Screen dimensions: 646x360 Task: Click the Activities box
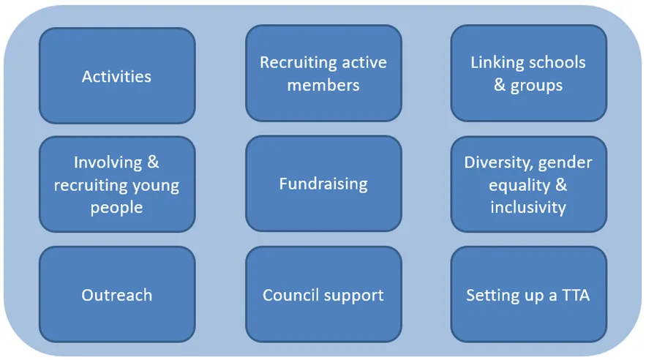click(117, 76)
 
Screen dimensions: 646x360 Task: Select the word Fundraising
click(323, 184)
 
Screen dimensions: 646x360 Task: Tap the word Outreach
click(116, 295)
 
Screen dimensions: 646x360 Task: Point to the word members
click(323, 86)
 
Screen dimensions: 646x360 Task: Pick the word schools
click(557, 63)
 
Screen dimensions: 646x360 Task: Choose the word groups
click(536, 86)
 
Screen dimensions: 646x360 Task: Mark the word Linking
click(497, 63)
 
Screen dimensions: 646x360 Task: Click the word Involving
click(108, 162)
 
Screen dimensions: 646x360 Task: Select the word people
click(116, 208)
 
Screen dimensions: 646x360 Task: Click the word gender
click(566, 163)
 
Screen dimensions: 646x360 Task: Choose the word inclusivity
click(528, 207)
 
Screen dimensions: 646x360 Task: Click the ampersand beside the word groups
click(500, 85)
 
